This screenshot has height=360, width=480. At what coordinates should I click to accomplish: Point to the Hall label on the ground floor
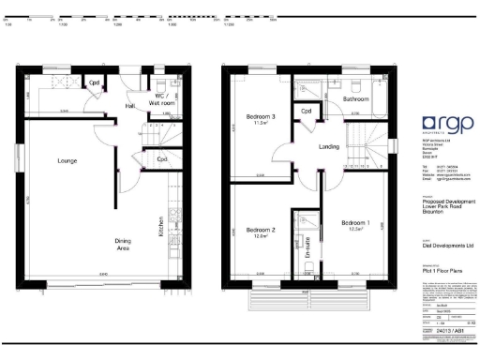click(x=130, y=106)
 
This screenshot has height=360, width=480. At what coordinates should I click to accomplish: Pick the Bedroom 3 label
click(x=260, y=117)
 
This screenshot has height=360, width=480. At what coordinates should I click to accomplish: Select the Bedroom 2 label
click(x=260, y=231)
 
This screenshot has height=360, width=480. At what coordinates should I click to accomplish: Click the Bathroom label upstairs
click(x=356, y=98)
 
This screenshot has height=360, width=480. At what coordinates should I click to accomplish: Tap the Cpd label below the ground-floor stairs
click(x=161, y=159)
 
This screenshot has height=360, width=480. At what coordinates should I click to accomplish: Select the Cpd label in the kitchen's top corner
click(x=94, y=83)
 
